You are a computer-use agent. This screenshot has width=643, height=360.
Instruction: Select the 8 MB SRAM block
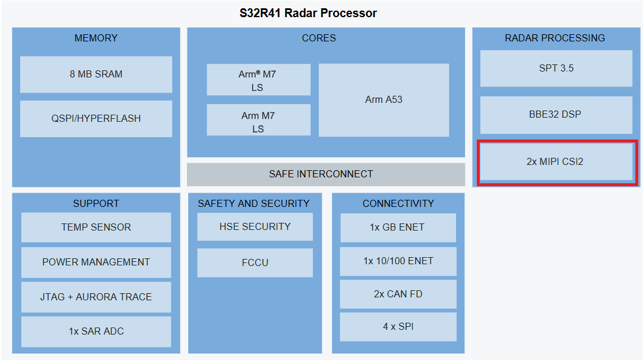tap(96, 74)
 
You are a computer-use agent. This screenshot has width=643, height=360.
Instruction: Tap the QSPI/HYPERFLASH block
tap(96, 118)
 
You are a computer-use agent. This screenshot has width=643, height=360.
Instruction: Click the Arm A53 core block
tap(383, 99)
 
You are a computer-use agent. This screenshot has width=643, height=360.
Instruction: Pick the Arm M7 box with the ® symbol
tap(258, 80)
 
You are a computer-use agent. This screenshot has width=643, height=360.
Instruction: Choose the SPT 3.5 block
tap(556, 69)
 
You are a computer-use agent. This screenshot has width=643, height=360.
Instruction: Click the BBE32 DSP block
tap(556, 115)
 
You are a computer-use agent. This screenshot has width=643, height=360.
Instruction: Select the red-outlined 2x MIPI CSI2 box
tap(556, 161)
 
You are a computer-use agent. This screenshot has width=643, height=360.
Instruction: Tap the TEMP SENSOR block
tap(96, 227)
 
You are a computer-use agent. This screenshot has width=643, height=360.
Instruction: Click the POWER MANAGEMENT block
tap(96, 262)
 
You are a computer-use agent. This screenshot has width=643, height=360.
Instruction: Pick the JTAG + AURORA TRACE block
tap(96, 297)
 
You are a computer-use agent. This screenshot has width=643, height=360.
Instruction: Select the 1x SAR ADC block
tap(96, 332)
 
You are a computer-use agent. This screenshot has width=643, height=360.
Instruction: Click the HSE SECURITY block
tap(255, 227)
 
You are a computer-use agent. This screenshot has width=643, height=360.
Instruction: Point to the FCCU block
tap(255, 262)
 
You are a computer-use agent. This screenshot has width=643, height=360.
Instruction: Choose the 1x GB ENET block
tap(398, 228)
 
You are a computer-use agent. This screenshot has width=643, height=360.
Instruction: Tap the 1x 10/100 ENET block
tap(398, 261)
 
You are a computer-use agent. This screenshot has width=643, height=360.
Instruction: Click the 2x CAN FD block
tap(398, 294)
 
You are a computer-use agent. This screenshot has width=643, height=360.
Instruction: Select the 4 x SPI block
tap(398, 326)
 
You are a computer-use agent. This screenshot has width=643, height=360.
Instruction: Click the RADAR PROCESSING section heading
tap(555, 38)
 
